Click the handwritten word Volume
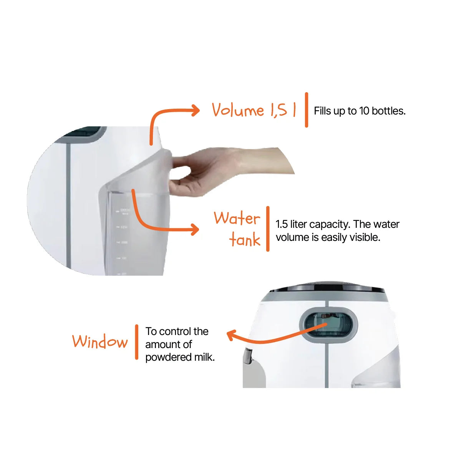pyautogui.click(x=238, y=110)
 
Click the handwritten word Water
pyautogui.click(x=237, y=218)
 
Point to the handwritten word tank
pyautogui.click(x=244, y=239)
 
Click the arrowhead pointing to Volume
pyautogui.click(x=196, y=110)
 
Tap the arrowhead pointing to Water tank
pyautogui.click(x=195, y=229)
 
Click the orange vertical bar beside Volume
pyautogui.click(x=307, y=110)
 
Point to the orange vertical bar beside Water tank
pyautogui.click(x=268, y=229)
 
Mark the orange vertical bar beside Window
pyautogui.click(x=137, y=342)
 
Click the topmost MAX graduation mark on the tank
pyautogui.click(x=118, y=211)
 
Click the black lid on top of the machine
pyautogui.click(x=327, y=288)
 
